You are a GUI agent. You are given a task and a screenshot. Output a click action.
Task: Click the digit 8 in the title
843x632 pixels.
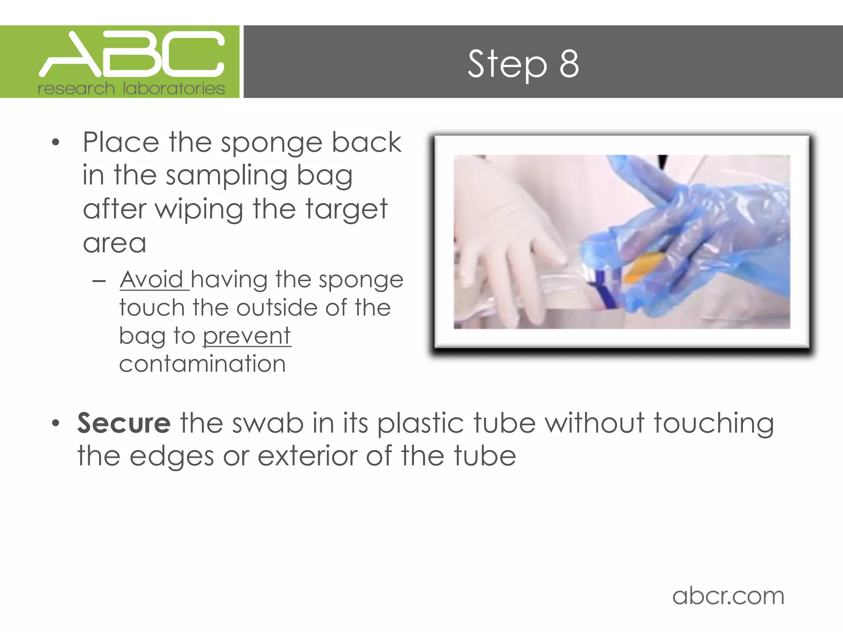click(569, 64)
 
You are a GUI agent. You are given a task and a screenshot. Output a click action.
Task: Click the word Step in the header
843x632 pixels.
click(507, 65)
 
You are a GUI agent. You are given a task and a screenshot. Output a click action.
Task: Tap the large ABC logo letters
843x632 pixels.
click(132, 55)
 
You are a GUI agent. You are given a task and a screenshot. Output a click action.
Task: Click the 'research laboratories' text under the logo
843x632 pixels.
click(131, 88)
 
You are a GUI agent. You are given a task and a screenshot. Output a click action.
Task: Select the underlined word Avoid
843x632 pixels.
click(151, 280)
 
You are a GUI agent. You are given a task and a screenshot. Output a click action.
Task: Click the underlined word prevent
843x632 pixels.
click(247, 336)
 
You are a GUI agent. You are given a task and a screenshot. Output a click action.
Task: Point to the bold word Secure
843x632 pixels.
click(124, 423)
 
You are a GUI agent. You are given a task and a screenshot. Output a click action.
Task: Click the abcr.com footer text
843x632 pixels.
click(728, 596)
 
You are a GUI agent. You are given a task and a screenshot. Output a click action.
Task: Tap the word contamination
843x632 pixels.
click(202, 364)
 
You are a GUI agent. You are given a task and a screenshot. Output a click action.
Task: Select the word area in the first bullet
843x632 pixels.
click(114, 244)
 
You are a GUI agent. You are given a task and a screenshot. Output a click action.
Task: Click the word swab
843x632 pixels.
click(268, 423)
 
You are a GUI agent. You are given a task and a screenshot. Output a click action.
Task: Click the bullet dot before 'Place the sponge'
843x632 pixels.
click(56, 143)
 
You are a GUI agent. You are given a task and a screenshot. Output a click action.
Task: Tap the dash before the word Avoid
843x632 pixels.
click(99, 281)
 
